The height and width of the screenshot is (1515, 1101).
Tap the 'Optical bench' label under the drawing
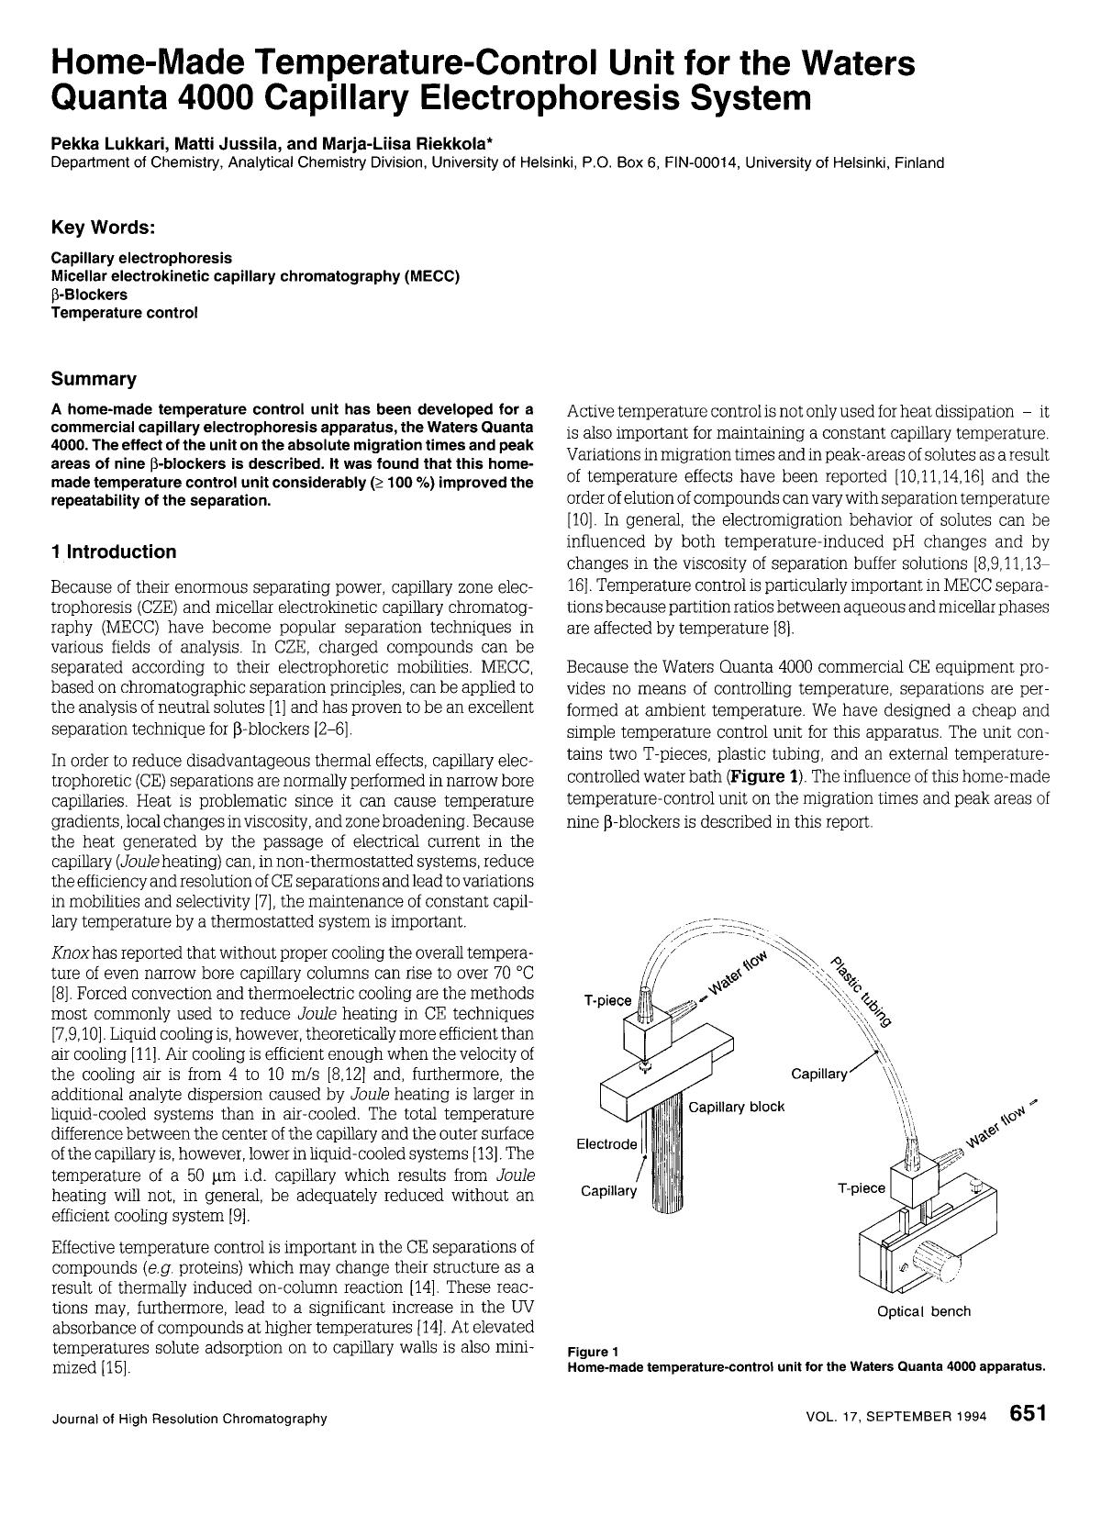click(923, 1311)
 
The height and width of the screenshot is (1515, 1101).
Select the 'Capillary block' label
click(737, 1107)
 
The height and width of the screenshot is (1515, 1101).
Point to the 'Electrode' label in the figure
click(606, 1144)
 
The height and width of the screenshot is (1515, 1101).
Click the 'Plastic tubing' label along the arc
click(862, 990)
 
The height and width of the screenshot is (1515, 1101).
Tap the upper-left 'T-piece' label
click(607, 1000)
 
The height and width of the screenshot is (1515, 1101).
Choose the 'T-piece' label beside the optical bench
click(862, 1188)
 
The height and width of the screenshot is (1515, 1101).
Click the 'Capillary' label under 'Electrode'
click(608, 1191)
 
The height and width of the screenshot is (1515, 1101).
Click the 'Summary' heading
click(94, 380)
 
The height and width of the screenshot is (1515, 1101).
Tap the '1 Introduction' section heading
click(114, 552)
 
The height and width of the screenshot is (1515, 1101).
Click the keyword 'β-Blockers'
click(90, 295)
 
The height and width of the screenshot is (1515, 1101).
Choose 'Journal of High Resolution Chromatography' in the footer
click(189, 1419)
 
